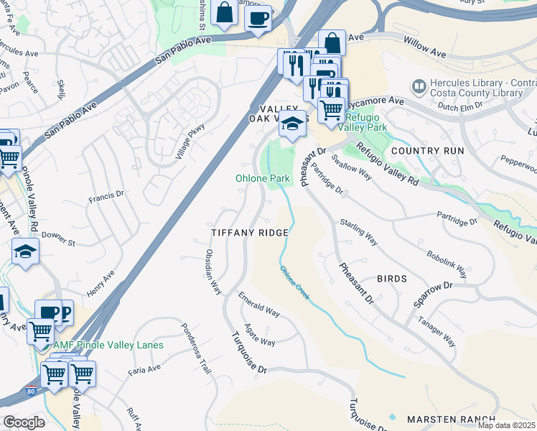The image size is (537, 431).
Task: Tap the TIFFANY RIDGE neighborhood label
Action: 249,233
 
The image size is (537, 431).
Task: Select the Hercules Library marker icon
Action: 419,86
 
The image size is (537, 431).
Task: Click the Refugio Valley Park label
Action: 366,122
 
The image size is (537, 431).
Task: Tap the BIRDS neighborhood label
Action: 392,279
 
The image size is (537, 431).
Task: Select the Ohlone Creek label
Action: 294,284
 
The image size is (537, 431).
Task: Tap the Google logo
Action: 24,422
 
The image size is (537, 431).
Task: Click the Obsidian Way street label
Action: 213,272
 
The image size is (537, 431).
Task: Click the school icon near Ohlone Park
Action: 292,124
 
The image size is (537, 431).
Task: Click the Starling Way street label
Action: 358,232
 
